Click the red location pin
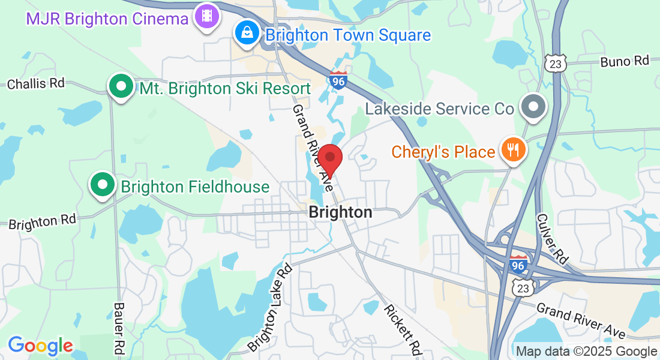pyautogui.click(x=329, y=158)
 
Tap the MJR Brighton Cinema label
pyautogui.click(x=107, y=19)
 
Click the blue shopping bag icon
pyautogui.click(x=247, y=33)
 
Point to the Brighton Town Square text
pyautogui.click(x=348, y=35)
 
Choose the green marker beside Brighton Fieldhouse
pyautogui.click(x=103, y=184)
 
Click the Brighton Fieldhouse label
pyautogui.click(x=195, y=187)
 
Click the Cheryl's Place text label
pyautogui.click(x=443, y=152)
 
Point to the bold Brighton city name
pyautogui.click(x=340, y=212)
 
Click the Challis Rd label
pyautogui.click(x=35, y=83)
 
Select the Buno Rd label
pyautogui.click(x=625, y=61)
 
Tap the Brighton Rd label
pyautogui.click(x=43, y=221)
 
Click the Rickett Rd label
pyautogui.click(x=403, y=331)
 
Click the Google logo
pyautogui.click(x=40, y=346)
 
